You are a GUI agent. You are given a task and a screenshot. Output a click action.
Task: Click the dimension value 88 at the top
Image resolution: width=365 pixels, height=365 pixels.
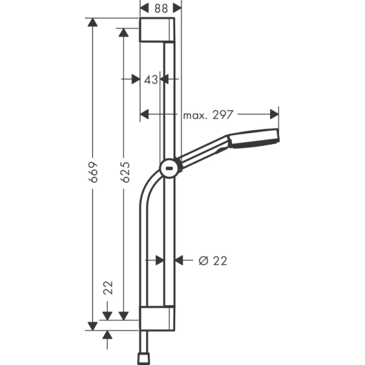tap(161, 8)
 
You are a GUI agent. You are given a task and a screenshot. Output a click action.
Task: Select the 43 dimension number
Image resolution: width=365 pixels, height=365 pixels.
tap(150, 79)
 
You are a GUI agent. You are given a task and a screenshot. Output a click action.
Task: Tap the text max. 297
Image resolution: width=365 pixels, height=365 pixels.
tap(209, 114)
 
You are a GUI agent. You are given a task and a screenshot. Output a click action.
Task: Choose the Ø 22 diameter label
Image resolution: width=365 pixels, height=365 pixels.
tap(213, 260)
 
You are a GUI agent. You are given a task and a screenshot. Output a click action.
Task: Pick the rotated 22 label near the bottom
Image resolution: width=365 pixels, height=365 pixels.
tap(108, 288)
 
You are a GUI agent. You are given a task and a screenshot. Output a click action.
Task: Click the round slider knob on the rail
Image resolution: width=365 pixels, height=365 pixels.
tap(169, 169)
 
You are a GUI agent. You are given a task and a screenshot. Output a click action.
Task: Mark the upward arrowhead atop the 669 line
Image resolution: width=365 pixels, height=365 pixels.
tap(92, 23)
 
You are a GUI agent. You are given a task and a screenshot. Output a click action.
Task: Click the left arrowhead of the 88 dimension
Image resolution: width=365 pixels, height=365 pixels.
tap(144, 8)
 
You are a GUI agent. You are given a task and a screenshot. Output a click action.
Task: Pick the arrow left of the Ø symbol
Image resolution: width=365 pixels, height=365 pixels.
tap(180, 260)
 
